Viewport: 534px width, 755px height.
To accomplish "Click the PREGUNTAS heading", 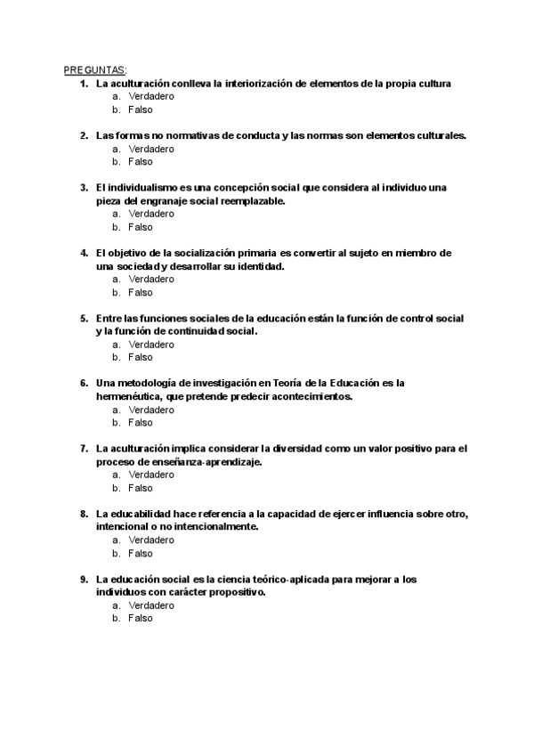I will point(95,70).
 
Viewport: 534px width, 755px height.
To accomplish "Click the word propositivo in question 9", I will point(238,592).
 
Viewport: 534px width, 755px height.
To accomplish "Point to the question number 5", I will point(83,319).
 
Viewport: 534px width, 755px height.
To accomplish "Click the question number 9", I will point(83,579).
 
